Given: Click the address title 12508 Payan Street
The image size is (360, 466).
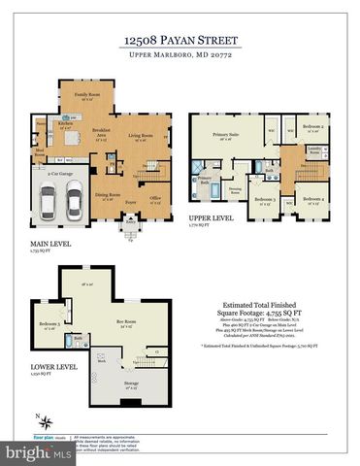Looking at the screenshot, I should pyautogui.click(x=180, y=40).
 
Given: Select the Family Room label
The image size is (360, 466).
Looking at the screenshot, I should pyautogui.click(x=93, y=96).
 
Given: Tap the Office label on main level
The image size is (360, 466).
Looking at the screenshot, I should pyautogui.click(x=154, y=197).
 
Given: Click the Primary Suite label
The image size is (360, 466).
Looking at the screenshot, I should pyautogui.click(x=227, y=137).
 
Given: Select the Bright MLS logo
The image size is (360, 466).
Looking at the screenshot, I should pyautogui.click(x=21, y=453).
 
